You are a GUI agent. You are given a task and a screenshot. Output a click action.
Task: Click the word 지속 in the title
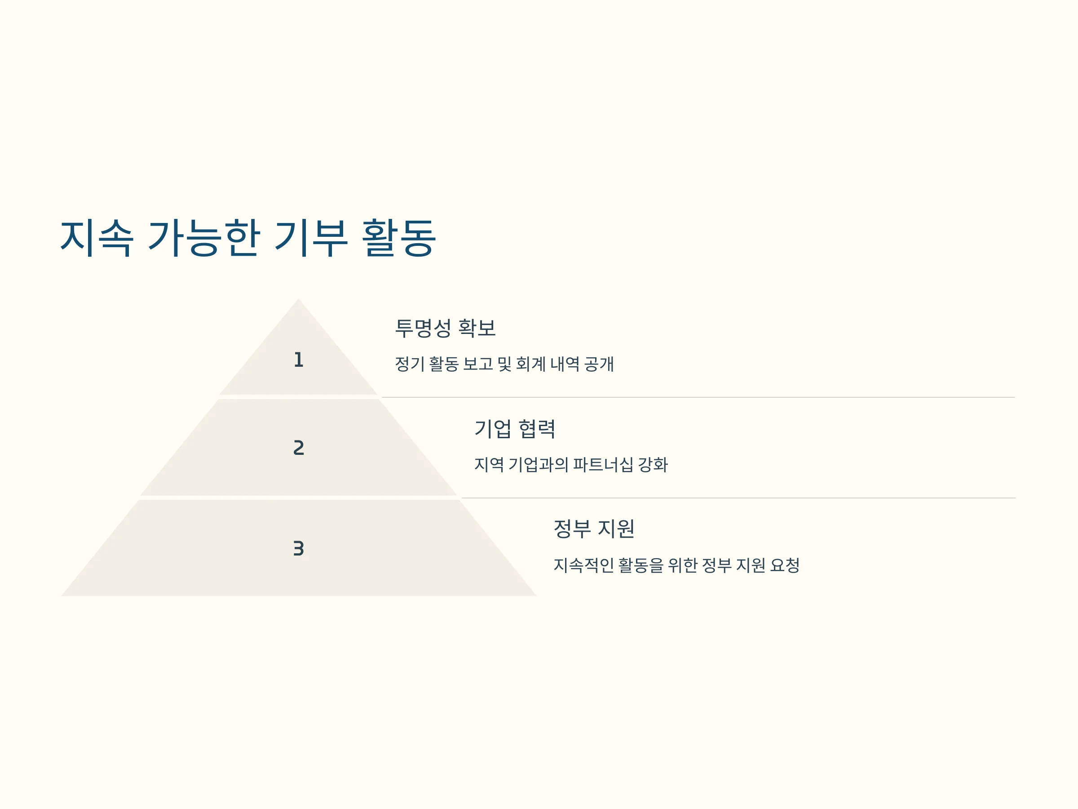(x=97, y=238)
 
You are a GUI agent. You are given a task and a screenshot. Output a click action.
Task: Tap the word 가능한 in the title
(x=204, y=238)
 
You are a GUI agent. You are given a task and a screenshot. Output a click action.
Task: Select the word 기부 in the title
(x=311, y=238)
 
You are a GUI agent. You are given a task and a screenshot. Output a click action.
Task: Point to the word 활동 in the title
(x=399, y=238)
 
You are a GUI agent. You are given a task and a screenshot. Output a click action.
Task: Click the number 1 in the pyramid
(x=299, y=360)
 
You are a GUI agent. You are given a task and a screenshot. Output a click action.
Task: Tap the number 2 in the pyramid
(x=299, y=448)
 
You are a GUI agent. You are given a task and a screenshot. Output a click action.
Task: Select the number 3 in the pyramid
(x=299, y=549)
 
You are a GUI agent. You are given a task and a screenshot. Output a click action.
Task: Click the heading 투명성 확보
(x=445, y=328)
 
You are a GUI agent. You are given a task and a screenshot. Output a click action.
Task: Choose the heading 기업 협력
(x=515, y=429)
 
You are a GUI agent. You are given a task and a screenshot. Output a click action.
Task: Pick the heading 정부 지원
(x=594, y=529)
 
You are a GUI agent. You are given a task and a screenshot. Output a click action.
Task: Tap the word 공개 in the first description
(x=599, y=364)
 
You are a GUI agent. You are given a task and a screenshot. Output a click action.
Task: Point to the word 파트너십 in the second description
(x=603, y=464)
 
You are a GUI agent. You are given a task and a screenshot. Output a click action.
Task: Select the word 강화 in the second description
(x=653, y=464)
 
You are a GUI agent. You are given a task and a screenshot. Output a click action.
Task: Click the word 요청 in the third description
(x=785, y=565)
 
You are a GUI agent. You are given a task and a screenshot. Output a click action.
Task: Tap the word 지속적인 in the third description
(x=583, y=565)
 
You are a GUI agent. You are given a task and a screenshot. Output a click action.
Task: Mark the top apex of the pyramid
(x=299, y=298)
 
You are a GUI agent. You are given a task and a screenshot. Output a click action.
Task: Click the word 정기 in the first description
(x=410, y=364)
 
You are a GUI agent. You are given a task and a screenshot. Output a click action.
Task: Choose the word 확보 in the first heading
(x=477, y=328)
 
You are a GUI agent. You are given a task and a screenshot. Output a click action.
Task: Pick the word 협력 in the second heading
(x=537, y=429)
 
